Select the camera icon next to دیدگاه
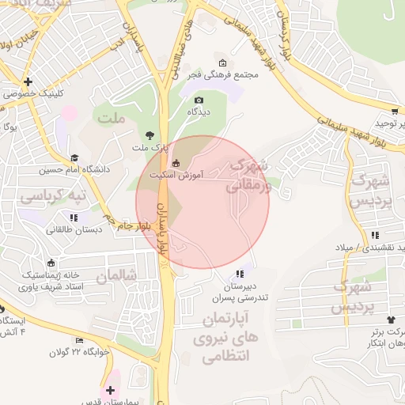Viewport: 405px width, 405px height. [199, 100]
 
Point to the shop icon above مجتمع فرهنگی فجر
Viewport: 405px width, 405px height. [222, 62]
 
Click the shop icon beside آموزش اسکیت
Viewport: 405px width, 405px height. [175, 164]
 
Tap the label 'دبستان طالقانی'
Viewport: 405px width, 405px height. [72, 229]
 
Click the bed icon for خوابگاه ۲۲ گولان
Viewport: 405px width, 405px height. [78, 341]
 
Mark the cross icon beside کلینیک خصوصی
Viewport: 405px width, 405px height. [28, 81]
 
